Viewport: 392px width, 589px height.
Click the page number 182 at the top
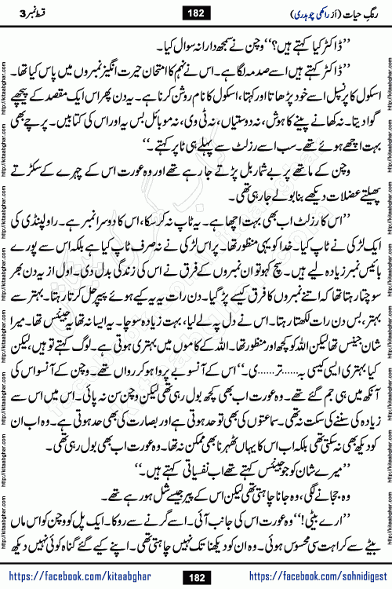click(195, 11)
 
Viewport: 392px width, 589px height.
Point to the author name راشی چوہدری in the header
click(274, 12)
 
